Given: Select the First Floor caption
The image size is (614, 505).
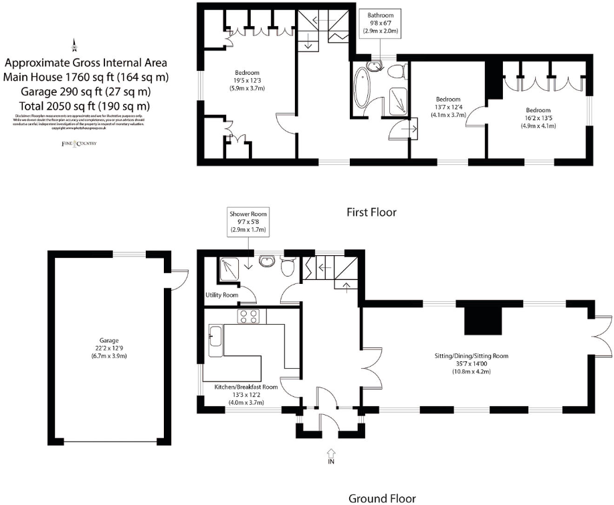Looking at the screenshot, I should tap(371, 212).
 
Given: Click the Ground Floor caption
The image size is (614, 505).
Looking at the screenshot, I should tap(382, 498).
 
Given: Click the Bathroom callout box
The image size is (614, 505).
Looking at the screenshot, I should tap(380, 23).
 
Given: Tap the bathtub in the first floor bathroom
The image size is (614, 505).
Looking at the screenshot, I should tap(366, 87).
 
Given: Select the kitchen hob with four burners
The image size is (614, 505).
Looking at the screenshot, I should tap(249, 317).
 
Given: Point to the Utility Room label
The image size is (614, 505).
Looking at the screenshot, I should tap(221, 295).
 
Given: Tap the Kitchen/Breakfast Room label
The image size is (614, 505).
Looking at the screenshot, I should tap(245, 387).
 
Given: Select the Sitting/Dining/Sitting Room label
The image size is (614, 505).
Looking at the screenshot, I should tap(472, 356).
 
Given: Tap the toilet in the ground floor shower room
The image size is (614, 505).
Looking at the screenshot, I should tap(289, 267).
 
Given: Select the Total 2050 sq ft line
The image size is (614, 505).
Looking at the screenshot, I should tap(76, 106).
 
